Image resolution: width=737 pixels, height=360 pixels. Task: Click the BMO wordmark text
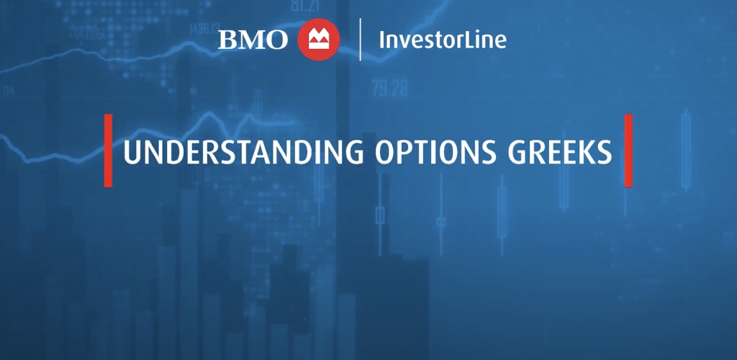pyautogui.click(x=253, y=40)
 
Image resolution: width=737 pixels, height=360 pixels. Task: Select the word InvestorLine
pyautogui.click(x=443, y=40)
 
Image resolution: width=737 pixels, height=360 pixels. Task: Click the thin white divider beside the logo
pyautogui.click(x=360, y=40)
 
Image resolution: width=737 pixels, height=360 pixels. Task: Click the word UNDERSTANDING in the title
pyautogui.click(x=243, y=151)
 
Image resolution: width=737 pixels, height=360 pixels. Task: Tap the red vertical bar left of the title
pyautogui.click(x=108, y=150)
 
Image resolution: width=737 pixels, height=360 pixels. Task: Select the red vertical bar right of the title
pyautogui.click(x=628, y=150)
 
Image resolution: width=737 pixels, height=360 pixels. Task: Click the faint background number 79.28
pyautogui.click(x=389, y=87)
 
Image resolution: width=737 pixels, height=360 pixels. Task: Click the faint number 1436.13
pyautogui.click(x=204, y=29)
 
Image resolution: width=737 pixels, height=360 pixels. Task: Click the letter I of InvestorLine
pyautogui.click(x=381, y=40)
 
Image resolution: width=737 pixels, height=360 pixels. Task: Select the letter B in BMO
pyautogui.click(x=227, y=40)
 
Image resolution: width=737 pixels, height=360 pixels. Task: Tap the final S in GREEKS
pyautogui.click(x=604, y=152)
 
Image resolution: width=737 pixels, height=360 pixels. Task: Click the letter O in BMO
pyautogui.click(x=277, y=40)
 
